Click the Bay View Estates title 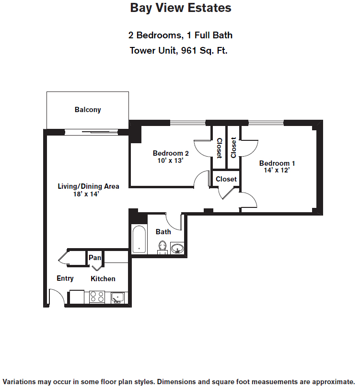click(x=181, y=8)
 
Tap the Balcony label click(x=88, y=110)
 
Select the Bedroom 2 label click(x=171, y=153)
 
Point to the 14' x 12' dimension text click(x=277, y=170)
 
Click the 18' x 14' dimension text click(x=86, y=194)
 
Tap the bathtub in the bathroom click(x=139, y=239)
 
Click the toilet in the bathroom click(x=163, y=247)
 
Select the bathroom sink click(x=177, y=248)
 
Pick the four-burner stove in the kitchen click(x=97, y=297)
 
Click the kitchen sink click(x=117, y=297)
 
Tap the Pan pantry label click(x=95, y=258)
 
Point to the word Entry click(x=65, y=278)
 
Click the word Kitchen click(x=103, y=279)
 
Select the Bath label click(x=163, y=232)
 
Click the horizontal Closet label click(x=226, y=179)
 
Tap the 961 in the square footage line click(x=189, y=50)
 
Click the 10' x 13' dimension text click(x=170, y=160)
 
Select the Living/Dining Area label click(x=88, y=186)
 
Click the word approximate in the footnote click(x=333, y=382)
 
